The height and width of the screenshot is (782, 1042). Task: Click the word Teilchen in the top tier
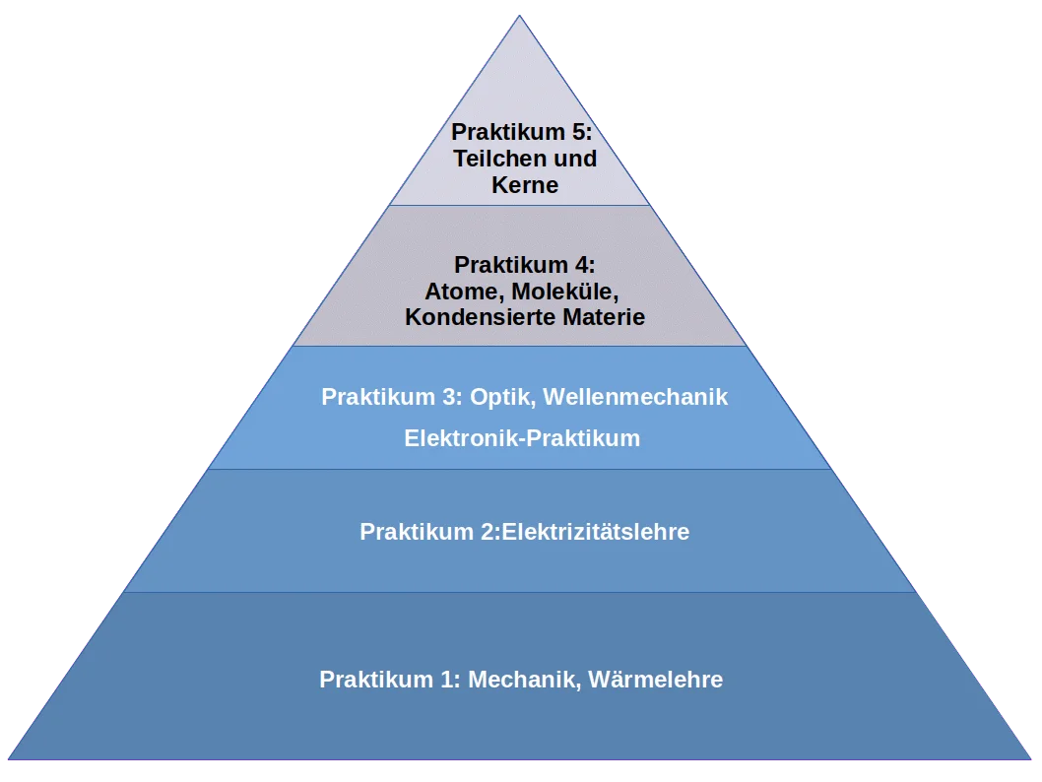(x=496, y=159)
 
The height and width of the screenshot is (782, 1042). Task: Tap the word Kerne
(x=525, y=185)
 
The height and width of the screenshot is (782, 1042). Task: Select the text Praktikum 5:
(x=522, y=133)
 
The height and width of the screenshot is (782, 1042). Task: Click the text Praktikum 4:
(x=525, y=265)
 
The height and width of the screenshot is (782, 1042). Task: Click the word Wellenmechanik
(x=636, y=398)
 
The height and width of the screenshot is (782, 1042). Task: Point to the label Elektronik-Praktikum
(x=522, y=439)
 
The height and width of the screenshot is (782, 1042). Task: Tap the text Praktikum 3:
(x=391, y=398)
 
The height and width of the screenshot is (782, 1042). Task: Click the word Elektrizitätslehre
(x=596, y=533)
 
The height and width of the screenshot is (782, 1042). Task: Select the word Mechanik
(x=522, y=681)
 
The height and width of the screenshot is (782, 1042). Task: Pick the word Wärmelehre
(x=655, y=681)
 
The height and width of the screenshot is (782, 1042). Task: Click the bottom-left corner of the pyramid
(x=9, y=759)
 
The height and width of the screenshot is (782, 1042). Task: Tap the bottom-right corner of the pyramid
(x=1031, y=759)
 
